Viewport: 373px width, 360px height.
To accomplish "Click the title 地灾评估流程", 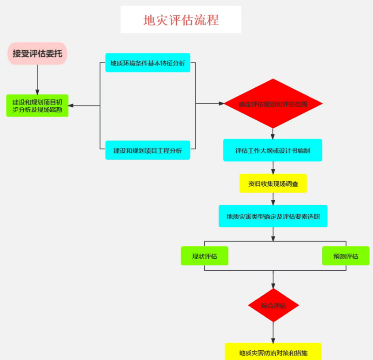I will click(x=181, y=20).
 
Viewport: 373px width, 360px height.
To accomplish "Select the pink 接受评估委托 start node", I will click(x=37, y=53).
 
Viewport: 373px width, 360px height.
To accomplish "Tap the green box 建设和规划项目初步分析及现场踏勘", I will click(x=37, y=105).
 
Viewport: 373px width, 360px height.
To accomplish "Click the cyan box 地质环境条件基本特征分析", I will click(x=147, y=63).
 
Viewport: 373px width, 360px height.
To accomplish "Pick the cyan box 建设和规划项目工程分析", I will click(x=147, y=150).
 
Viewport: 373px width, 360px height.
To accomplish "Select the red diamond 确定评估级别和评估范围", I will click(x=273, y=104).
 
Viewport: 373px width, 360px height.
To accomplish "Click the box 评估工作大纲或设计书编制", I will click(x=273, y=150).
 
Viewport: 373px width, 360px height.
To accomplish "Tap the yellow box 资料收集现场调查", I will click(x=273, y=183).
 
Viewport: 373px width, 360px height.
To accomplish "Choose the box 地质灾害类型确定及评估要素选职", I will click(x=273, y=216).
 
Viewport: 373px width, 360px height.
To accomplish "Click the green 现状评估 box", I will click(x=204, y=256).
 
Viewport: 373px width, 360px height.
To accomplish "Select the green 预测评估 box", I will click(x=346, y=256).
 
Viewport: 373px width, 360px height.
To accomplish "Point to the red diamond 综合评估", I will click(x=273, y=306).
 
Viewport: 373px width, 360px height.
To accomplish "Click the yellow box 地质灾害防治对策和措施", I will click(x=273, y=353).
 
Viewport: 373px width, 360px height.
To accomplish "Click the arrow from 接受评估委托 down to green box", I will click(x=37, y=79).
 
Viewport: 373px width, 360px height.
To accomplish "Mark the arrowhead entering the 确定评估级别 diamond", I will click(x=221, y=104).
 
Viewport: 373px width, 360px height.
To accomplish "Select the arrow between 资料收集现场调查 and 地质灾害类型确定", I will click(x=273, y=199).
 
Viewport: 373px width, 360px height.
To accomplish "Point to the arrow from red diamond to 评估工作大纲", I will click(x=273, y=133).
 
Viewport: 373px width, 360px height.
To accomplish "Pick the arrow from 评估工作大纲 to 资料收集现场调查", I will click(x=273, y=168).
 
